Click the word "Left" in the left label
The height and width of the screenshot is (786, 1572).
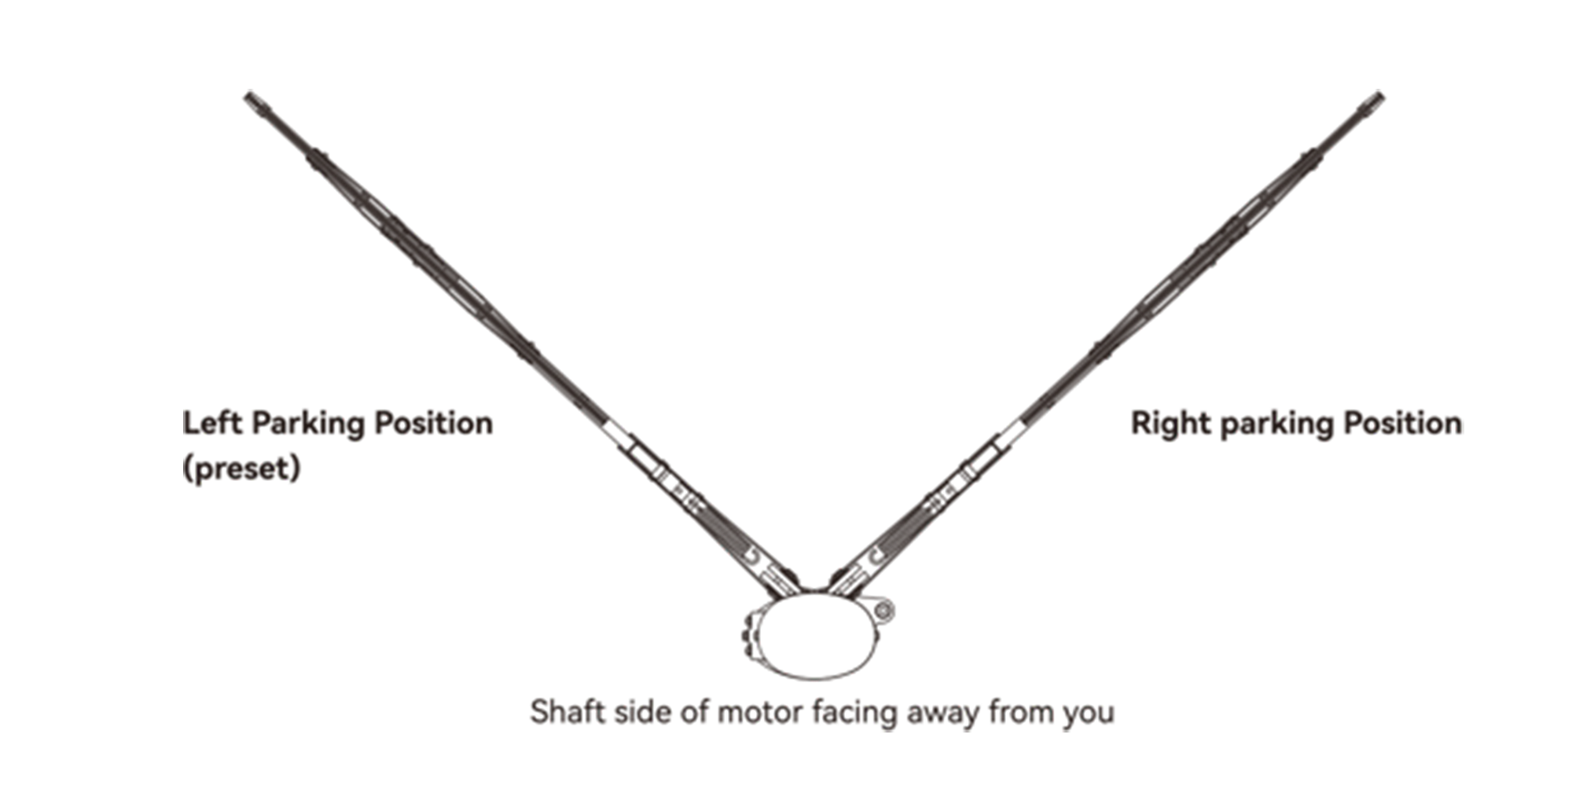(x=211, y=423)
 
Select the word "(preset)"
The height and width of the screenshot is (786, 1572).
(x=241, y=468)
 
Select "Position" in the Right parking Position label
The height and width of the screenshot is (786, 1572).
(x=1402, y=423)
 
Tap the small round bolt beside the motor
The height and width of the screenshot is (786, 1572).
(x=883, y=610)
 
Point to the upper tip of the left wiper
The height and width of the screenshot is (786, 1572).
(x=252, y=99)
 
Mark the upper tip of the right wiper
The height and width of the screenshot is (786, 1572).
(x=1375, y=99)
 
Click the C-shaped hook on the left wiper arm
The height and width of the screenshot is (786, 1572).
(x=752, y=556)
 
